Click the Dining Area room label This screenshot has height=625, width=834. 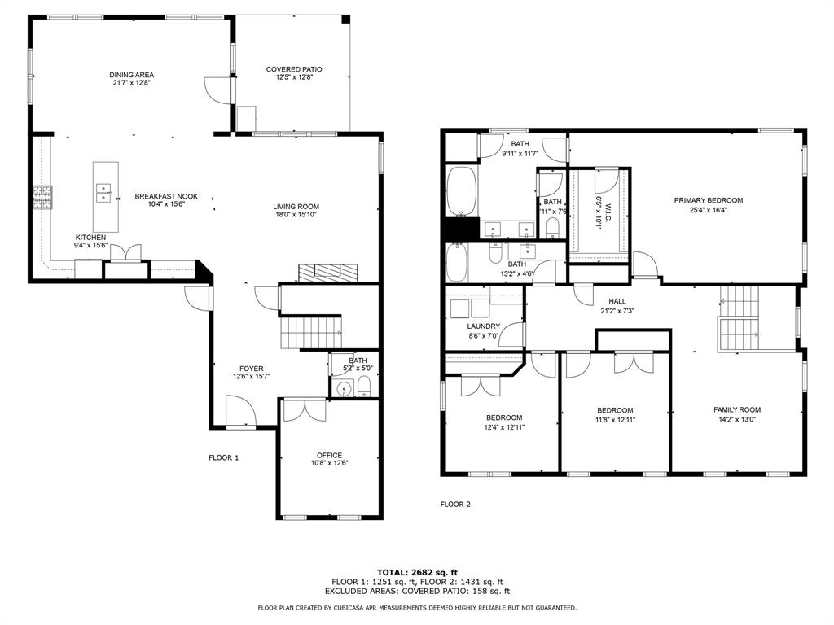(131, 75)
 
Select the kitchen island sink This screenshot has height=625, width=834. (104, 192)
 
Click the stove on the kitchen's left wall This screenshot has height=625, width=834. (42, 197)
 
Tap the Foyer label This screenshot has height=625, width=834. (251, 369)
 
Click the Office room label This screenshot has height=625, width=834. (329, 455)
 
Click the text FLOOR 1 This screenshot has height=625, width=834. (223, 457)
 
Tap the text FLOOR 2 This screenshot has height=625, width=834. (455, 504)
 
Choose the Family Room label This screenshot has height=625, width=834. (736, 410)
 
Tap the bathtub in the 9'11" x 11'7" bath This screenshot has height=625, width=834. (462, 192)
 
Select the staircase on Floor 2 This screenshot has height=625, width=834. (738, 320)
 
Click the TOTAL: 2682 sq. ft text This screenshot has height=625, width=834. (417, 572)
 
